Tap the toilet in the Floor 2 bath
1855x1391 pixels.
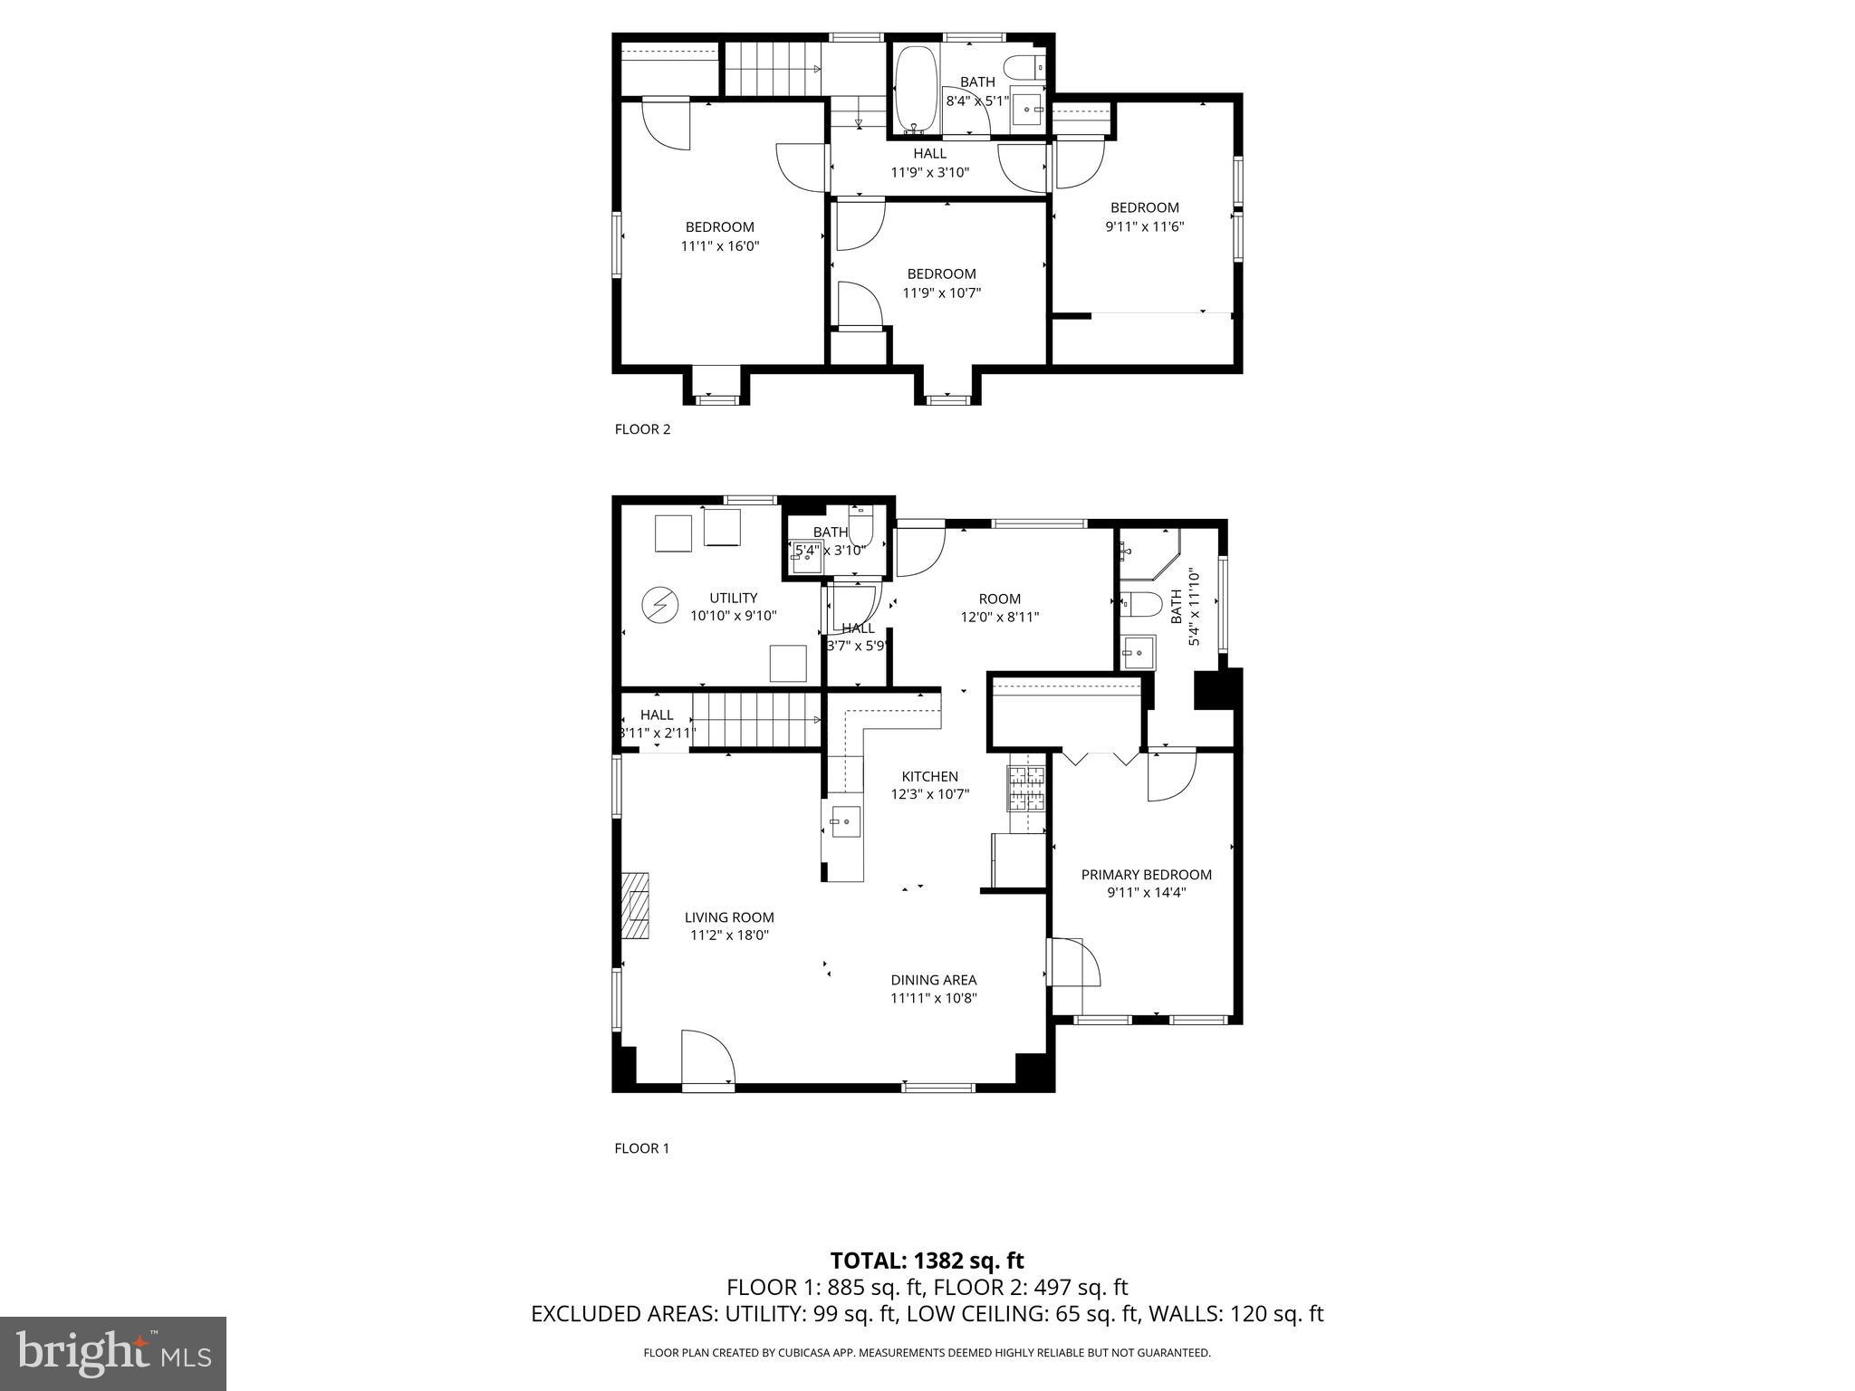coord(1028,66)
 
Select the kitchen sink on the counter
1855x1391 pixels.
coord(843,822)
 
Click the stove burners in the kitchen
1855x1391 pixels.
coord(1026,787)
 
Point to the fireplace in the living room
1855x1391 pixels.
coord(635,906)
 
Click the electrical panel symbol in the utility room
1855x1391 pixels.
coord(658,605)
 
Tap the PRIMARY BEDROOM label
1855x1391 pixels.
coord(1146,874)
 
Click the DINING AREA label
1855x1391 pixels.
coord(933,980)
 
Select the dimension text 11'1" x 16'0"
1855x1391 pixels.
coord(719,245)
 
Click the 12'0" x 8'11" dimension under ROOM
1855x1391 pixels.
coord(999,618)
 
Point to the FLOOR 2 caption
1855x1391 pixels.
coord(642,429)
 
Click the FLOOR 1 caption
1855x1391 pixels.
coord(641,1148)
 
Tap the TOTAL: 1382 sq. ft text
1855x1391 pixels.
coord(927,1261)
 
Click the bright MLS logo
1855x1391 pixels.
coord(113,1353)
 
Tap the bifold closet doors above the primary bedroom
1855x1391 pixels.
coord(1101,758)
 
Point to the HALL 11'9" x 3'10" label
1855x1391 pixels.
coord(929,162)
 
